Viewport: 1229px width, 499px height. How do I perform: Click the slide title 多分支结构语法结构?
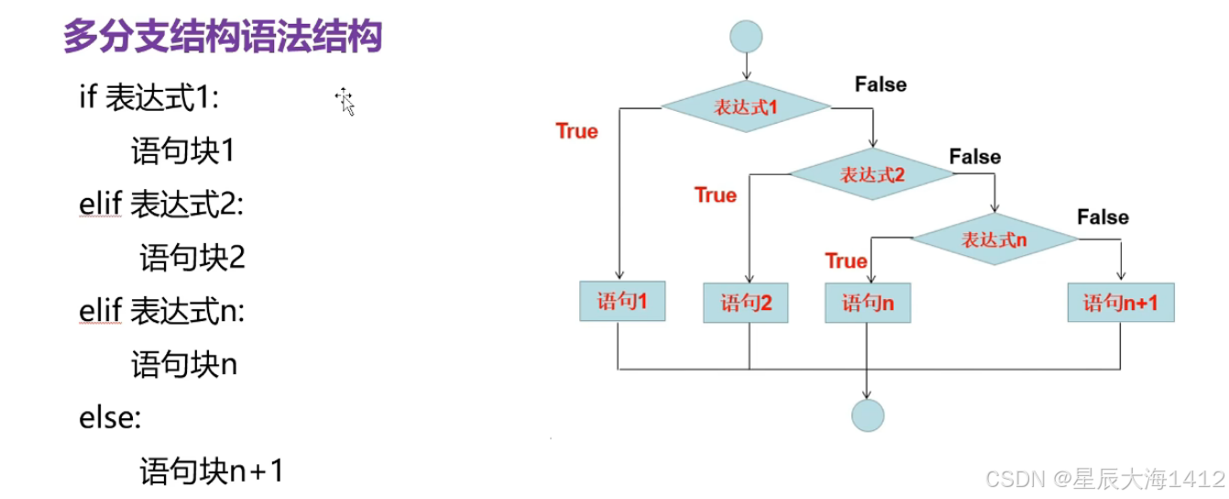(222, 38)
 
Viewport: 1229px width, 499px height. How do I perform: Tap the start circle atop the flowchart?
(746, 37)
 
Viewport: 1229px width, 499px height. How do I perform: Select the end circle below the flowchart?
(867, 415)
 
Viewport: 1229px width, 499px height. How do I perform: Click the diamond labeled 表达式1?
(745, 107)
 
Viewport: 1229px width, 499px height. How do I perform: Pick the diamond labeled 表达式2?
(872, 174)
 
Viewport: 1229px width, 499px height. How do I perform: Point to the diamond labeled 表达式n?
(994, 240)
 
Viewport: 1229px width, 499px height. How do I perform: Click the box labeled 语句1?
(621, 301)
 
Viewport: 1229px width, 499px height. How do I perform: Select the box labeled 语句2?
(746, 303)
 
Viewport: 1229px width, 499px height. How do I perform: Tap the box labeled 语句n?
(867, 303)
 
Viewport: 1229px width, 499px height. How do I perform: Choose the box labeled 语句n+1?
(1120, 303)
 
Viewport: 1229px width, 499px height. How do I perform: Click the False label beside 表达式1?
(880, 84)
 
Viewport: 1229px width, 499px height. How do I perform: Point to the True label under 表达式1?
(576, 131)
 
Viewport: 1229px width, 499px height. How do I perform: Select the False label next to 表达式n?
(1102, 217)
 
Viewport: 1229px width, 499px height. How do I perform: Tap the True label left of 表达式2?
(715, 195)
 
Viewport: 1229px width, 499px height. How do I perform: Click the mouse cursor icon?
(346, 102)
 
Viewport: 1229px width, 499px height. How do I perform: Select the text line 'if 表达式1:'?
(149, 97)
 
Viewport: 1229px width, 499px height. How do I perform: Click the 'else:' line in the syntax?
(110, 418)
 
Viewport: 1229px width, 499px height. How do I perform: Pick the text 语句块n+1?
(212, 471)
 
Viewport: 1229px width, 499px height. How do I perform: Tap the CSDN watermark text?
(1104, 478)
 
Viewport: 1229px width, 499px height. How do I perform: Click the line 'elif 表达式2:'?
(161, 205)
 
